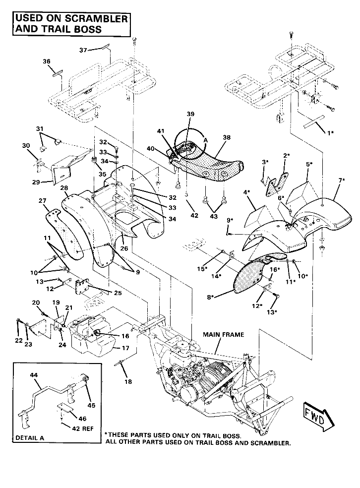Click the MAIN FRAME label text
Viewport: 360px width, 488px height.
click(223, 335)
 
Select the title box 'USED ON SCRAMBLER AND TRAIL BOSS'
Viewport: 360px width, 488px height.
click(71, 24)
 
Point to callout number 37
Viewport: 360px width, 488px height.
click(84, 50)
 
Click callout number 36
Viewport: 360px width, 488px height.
click(47, 61)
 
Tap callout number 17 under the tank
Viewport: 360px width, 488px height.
click(125, 348)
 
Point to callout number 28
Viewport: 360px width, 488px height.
click(64, 188)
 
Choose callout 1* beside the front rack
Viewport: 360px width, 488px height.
click(329, 133)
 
